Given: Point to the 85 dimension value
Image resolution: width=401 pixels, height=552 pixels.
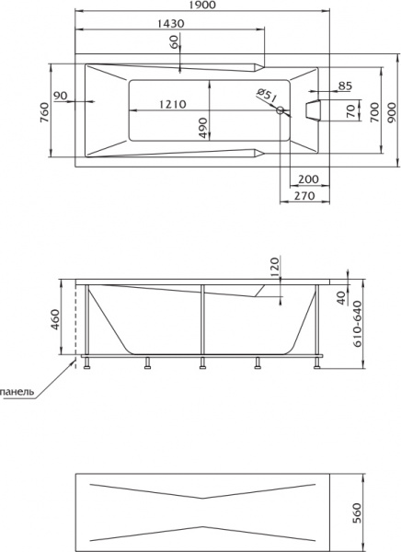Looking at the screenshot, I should click(x=346, y=86).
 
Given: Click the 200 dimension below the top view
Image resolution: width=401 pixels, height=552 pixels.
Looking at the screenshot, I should click(x=308, y=178).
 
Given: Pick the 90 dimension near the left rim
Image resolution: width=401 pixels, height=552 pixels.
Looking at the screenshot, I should click(x=62, y=96).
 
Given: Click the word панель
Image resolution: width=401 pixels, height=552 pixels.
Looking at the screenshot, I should click(x=18, y=391).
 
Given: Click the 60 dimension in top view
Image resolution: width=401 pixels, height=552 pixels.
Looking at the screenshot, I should click(x=174, y=52).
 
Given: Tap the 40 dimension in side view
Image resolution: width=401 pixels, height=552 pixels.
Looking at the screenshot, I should click(x=339, y=296).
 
